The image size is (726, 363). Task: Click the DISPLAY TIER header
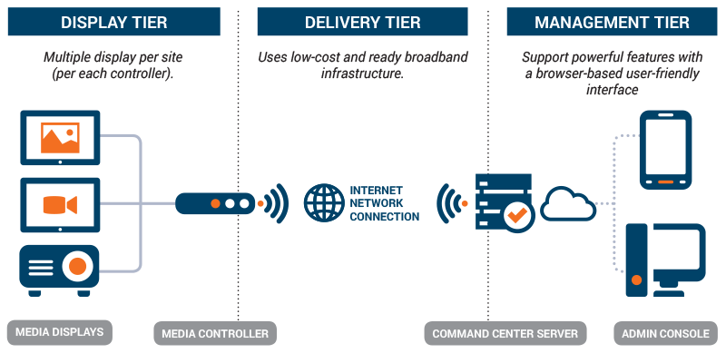coord(113,22)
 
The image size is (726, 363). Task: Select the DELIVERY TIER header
coord(363,22)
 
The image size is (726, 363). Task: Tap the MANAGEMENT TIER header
coord(613,22)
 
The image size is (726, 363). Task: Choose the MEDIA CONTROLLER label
coord(215,333)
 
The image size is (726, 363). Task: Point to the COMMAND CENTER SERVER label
coord(505,333)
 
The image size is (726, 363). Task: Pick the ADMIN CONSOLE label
coord(664,333)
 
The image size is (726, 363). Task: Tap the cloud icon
coord(568,204)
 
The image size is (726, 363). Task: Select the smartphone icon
coord(665,150)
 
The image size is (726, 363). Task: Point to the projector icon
coord(60,269)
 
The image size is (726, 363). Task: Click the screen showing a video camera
coord(60,204)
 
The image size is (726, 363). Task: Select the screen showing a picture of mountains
coord(60,138)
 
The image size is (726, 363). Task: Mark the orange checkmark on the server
coord(518,215)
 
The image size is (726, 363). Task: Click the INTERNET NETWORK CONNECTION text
coord(385,204)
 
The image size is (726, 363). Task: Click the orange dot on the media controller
coord(215,204)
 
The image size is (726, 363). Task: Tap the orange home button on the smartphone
coord(665,182)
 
